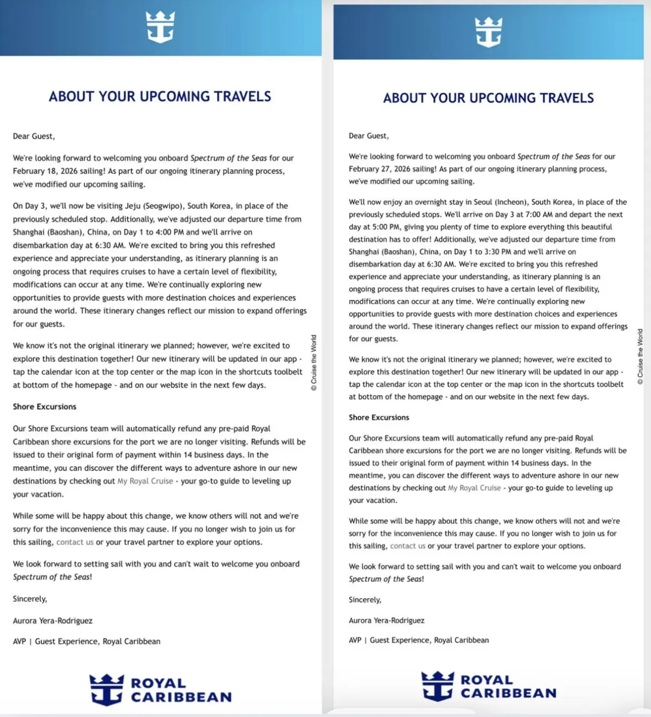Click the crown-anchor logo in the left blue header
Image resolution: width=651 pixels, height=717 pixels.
160,27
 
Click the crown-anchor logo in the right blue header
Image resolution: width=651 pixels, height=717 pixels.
488,31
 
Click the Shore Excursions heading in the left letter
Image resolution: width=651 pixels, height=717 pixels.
44,407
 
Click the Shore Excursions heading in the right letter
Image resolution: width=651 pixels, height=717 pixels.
379,417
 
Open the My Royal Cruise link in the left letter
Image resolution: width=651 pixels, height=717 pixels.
145,481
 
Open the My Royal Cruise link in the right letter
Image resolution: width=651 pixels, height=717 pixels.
474,488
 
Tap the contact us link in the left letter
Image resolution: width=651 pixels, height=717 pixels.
75,542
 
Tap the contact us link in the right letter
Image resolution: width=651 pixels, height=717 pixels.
407,546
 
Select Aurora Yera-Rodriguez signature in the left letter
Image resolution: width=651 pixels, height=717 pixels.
53,620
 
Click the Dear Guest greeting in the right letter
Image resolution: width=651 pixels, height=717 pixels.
368,136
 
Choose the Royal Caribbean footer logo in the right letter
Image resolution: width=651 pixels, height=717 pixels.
488,686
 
